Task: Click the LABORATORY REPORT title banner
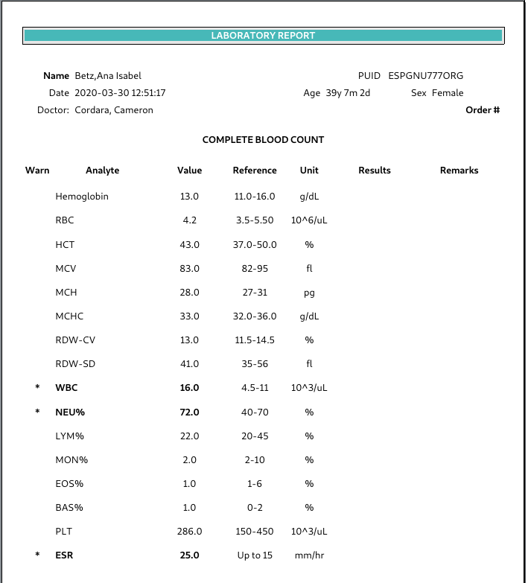pyautogui.click(x=263, y=35)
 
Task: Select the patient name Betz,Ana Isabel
pyautogui.click(x=108, y=76)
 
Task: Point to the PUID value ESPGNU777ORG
pyautogui.click(x=425, y=76)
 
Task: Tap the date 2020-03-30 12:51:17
pyautogui.click(x=120, y=93)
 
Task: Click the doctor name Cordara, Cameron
pyautogui.click(x=114, y=110)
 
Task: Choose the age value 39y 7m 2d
pyautogui.click(x=348, y=93)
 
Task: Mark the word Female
pyautogui.click(x=448, y=93)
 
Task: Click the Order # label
pyautogui.click(x=483, y=110)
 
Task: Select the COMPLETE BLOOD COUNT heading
pyautogui.click(x=263, y=140)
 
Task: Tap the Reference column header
pyautogui.click(x=255, y=171)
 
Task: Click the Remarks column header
pyautogui.click(x=459, y=171)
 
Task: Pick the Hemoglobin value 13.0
pyautogui.click(x=189, y=197)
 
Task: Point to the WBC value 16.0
pyautogui.click(x=189, y=388)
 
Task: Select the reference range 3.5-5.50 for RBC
pyautogui.click(x=255, y=221)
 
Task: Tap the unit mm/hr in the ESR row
pyautogui.click(x=309, y=555)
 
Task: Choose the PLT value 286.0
pyautogui.click(x=189, y=532)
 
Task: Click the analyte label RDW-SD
pyautogui.click(x=75, y=364)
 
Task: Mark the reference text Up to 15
pyautogui.click(x=255, y=555)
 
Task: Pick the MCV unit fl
pyautogui.click(x=309, y=269)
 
